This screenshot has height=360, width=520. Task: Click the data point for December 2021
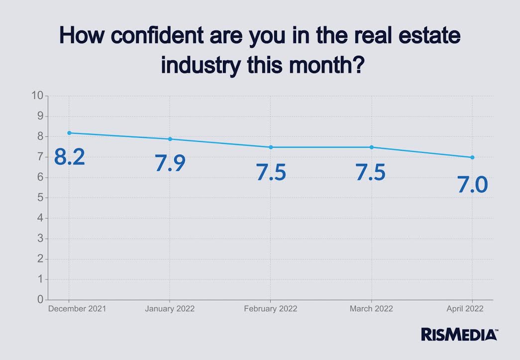tap(69, 133)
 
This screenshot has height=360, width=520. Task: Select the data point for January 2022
tap(170, 139)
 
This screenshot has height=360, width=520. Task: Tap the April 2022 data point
tap(472, 157)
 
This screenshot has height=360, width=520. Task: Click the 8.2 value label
tap(70, 157)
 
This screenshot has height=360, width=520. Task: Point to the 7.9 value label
tap(170, 163)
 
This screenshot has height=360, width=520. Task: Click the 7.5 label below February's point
tap(271, 172)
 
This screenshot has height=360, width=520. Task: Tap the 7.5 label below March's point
tap(371, 172)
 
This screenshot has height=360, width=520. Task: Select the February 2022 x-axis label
tap(271, 309)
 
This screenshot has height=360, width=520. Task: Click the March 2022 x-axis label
tap(371, 309)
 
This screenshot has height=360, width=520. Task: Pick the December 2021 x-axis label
tap(77, 309)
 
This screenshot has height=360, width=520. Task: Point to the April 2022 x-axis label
tap(465, 309)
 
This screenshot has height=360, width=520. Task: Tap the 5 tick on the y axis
tap(39, 198)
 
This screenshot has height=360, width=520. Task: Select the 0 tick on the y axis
tap(39, 300)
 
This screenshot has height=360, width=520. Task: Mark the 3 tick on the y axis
tap(39, 239)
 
